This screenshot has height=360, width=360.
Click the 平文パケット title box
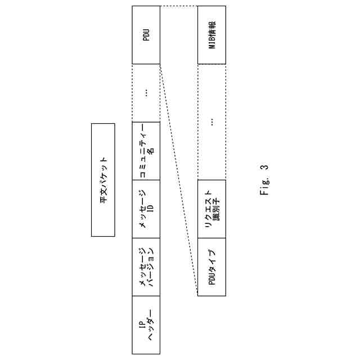pos(103,179)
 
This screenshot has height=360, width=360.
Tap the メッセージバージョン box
pos(146,267)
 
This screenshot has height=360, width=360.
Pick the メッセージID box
pos(146,209)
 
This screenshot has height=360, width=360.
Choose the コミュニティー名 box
pos(146,150)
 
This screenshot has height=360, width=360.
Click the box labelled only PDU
pos(146,35)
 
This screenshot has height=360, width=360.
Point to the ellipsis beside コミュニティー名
pos(146,93)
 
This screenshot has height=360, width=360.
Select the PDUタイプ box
pos(211,267)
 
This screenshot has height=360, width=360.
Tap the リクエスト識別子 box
pos(211,209)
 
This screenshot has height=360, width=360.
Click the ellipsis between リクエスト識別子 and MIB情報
pos(211,121)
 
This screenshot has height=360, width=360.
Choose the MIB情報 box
pos(211,35)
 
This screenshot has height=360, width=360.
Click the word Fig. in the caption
pos(265,186)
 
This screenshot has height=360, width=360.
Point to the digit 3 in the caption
pos(265,166)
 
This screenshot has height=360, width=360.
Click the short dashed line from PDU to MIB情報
pos(179,6)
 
